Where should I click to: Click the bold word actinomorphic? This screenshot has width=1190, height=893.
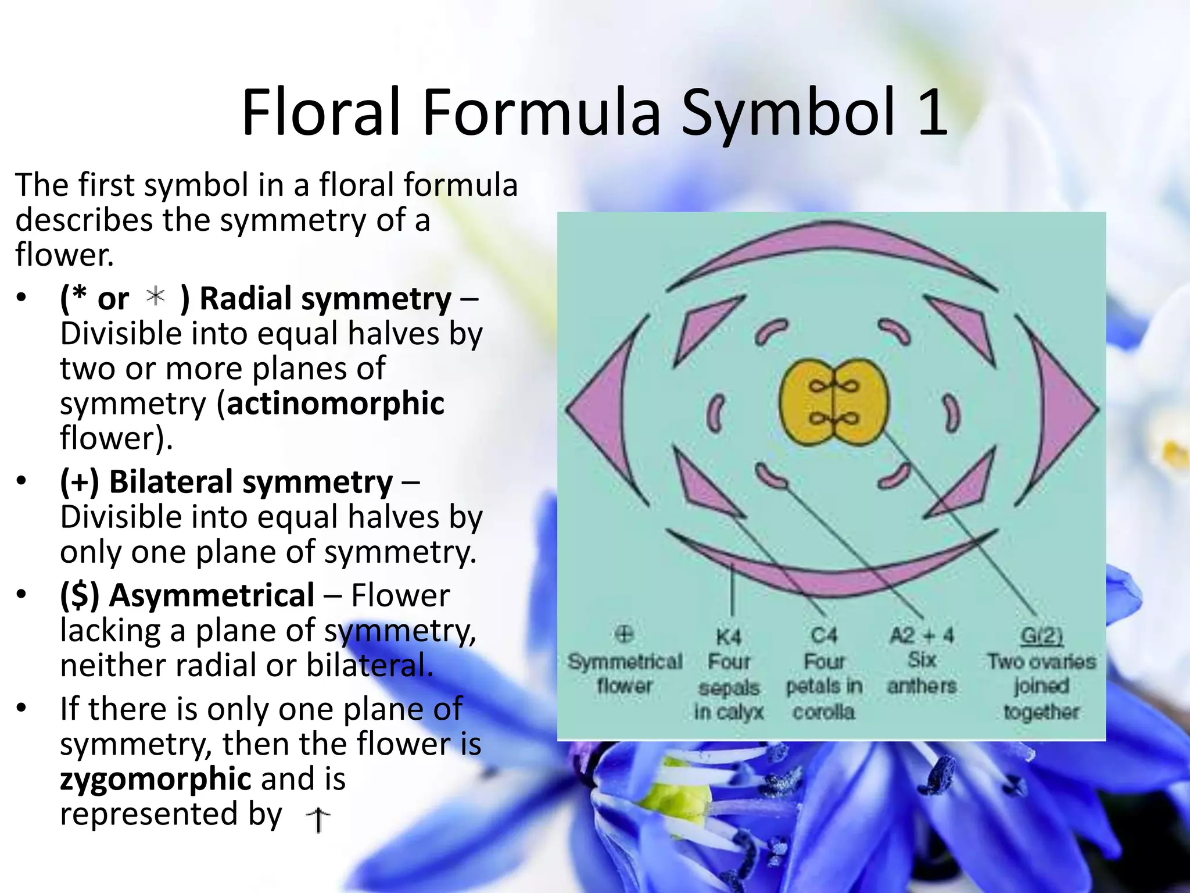point(335,403)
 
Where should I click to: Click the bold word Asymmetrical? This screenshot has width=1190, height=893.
point(212,596)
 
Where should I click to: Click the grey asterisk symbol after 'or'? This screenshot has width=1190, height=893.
point(156,296)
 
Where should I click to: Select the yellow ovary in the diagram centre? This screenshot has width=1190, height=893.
point(834,402)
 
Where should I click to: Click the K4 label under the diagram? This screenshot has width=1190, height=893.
point(729,637)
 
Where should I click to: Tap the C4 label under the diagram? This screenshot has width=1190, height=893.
point(824,636)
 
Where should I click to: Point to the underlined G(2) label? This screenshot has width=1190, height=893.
point(1041,636)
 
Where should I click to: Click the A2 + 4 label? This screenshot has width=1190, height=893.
point(922,635)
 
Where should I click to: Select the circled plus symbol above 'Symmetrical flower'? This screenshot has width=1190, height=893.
point(624,634)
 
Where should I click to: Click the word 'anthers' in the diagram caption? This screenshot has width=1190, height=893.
point(922,686)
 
